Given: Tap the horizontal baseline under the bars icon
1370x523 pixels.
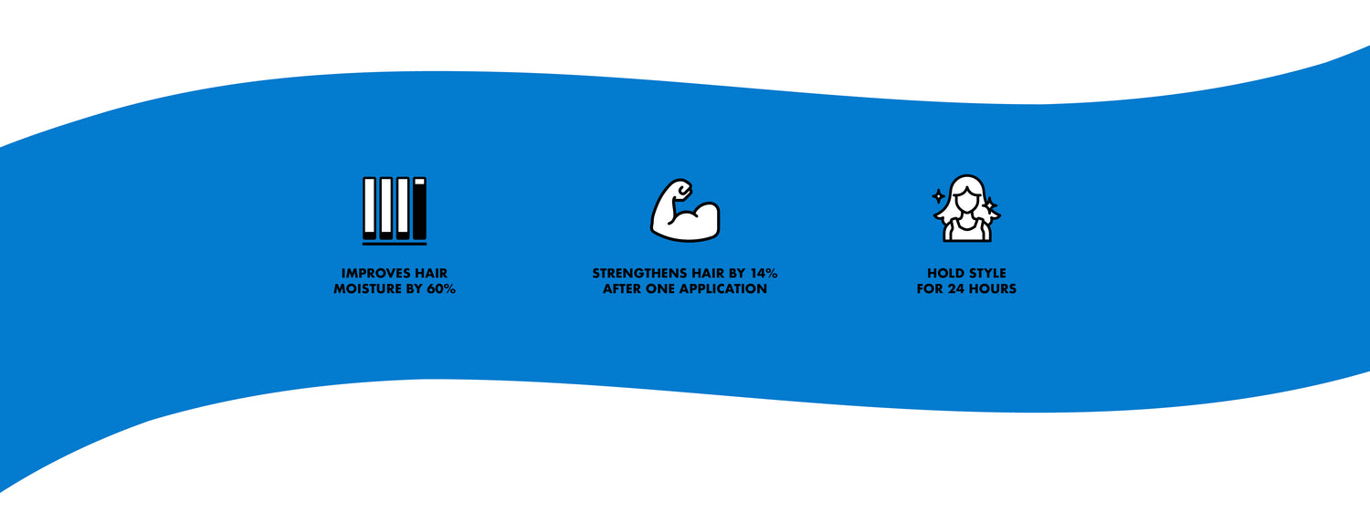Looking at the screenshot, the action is [x=395, y=244].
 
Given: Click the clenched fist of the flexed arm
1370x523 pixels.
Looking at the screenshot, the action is [x=680, y=189].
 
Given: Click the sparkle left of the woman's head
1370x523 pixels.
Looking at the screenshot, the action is [x=938, y=196].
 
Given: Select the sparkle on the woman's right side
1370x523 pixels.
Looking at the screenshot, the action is [x=990, y=205].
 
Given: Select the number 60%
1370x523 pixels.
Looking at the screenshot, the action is [x=440, y=288].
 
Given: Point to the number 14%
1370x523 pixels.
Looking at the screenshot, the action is [x=764, y=273].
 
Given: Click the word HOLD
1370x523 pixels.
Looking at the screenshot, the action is [x=943, y=273].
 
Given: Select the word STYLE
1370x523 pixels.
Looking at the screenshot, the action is [x=985, y=273].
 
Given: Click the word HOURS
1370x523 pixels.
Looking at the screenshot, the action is [x=993, y=288].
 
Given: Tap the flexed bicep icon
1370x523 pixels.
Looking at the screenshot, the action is [x=685, y=210].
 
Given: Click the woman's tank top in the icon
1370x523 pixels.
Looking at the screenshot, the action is [x=966, y=231].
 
